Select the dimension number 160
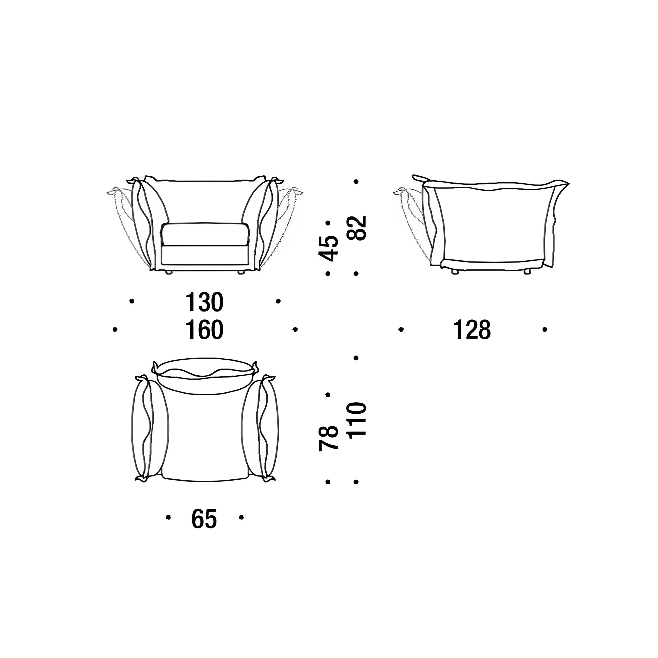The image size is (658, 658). click(204, 330)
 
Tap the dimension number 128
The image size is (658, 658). click(472, 330)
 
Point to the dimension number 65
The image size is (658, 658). click(204, 528)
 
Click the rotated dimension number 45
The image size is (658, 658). click(328, 248)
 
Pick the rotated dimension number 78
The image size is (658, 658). click(328, 439)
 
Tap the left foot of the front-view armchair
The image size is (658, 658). click(169, 273)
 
